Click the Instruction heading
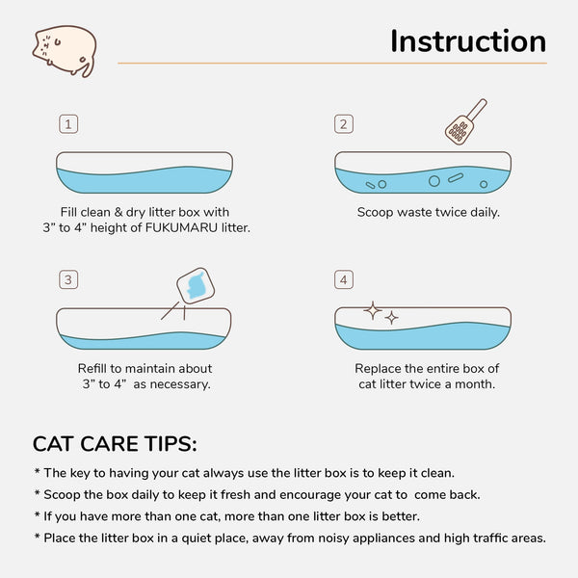pyautogui.click(x=467, y=41)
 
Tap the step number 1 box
pyautogui.click(x=67, y=124)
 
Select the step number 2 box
pyautogui.click(x=343, y=124)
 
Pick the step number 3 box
pyautogui.click(x=67, y=280)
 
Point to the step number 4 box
pyautogui.click(x=343, y=280)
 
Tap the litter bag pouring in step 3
pyautogui.click(x=194, y=285)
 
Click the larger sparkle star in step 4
pyautogui.click(x=373, y=310)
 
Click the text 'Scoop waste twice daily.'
pyautogui.click(x=429, y=212)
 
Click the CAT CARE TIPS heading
pyautogui.click(x=115, y=444)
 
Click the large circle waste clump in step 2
pyautogui.click(x=433, y=180)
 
